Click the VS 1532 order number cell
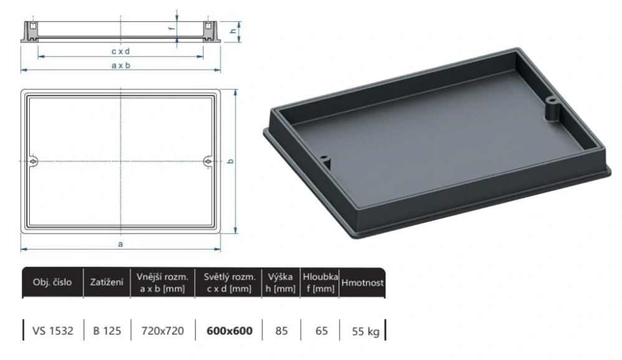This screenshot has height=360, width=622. (x=52, y=331)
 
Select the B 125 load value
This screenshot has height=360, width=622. (x=107, y=331)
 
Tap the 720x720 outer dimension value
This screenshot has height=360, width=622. (x=164, y=331)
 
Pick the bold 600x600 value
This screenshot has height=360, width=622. (x=230, y=331)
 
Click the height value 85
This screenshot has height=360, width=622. (x=281, y=331)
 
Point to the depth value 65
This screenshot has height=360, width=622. (x=321, y=331)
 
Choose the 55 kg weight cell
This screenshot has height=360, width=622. (x=365, y=331)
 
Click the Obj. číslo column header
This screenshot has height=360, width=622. (x=52, y=282)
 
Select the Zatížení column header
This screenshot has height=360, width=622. (x=107, y=282)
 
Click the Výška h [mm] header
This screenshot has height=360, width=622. (x=281, y=282)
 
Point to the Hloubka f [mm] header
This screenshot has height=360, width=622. (x=320, y=282)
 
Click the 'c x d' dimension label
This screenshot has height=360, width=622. (x=121, y=51)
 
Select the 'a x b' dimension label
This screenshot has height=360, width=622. (x=121, y=65)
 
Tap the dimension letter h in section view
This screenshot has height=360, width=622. (x=232, y=32)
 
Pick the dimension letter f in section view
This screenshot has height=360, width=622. (x=171, y=29)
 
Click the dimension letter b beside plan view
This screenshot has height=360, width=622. (x=230, y=161)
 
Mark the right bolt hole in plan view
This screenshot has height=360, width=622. (x=207, y=161)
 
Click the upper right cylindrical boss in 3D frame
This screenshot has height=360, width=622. (x=552, y=109)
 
